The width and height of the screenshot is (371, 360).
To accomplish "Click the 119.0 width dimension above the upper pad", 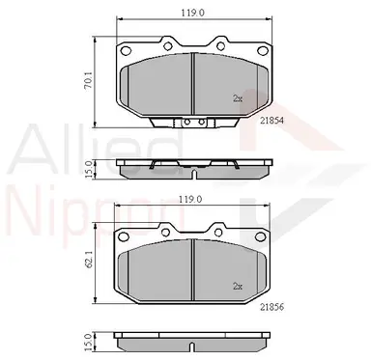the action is pyautogui.click(x=192, y=13).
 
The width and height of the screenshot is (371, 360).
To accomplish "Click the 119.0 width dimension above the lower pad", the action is pyautogui.click(x=190, y=200).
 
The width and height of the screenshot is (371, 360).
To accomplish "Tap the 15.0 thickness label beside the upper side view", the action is pyautogui.click(x=89, y=169).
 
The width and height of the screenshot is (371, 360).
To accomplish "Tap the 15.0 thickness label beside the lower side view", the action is pyautogui.click(x=88, y=343).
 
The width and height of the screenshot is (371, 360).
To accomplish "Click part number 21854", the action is pyautogui.click(x=272, y=121).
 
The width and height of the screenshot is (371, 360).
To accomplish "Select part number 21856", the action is pyautogui.click(x=272, y=308).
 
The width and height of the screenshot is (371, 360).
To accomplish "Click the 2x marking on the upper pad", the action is pyautogui.click(x=238, y=98).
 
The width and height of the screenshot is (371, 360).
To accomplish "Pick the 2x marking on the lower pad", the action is pyautogui.click(x=238, y=287).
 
